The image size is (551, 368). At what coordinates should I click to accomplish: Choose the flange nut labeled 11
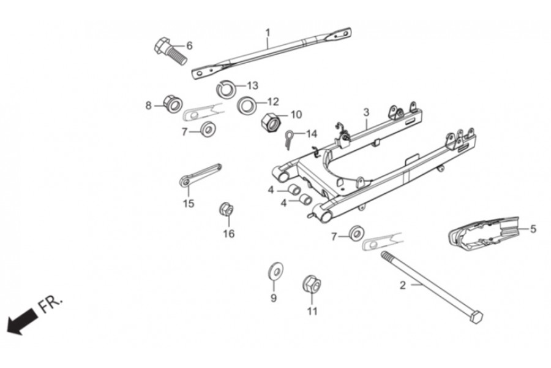click(312, 285)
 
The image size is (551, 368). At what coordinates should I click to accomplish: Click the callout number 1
click(268, 31)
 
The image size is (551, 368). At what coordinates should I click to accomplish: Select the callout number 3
click(366, 112)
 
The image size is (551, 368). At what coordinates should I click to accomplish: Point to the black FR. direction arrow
click(20, 321)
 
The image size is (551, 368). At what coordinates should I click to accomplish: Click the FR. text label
click(51, 303)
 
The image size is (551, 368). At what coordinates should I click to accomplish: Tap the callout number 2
click(402, 285)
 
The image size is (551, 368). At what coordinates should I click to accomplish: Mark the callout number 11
click(312, 311)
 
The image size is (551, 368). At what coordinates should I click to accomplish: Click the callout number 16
click(228, 234)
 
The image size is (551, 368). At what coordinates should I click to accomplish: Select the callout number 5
click(533, 229)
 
